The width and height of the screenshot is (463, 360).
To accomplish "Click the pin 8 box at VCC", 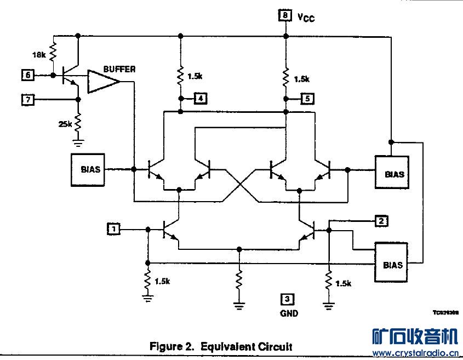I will (285, 16).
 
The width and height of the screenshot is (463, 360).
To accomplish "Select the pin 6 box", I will (28, 74).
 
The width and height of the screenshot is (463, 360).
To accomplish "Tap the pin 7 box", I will (28, 99).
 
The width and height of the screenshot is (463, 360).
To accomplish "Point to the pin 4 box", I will (202, 99).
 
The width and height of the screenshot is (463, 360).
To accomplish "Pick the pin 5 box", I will (307, 99).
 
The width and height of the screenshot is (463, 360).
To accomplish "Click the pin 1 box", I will (113, 228).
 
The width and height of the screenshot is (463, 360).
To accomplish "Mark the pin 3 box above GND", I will (287, 299).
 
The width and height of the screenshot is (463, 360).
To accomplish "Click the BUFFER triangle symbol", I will (104, 82).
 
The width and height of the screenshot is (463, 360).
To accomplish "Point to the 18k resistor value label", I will (39, 55).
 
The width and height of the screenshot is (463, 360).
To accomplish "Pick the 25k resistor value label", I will (65, 124).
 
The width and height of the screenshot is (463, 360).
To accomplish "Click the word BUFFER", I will (119, 69).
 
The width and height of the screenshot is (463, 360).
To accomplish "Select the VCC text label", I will (306, 18).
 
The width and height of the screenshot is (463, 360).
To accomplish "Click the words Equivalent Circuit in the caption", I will (246, 346).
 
